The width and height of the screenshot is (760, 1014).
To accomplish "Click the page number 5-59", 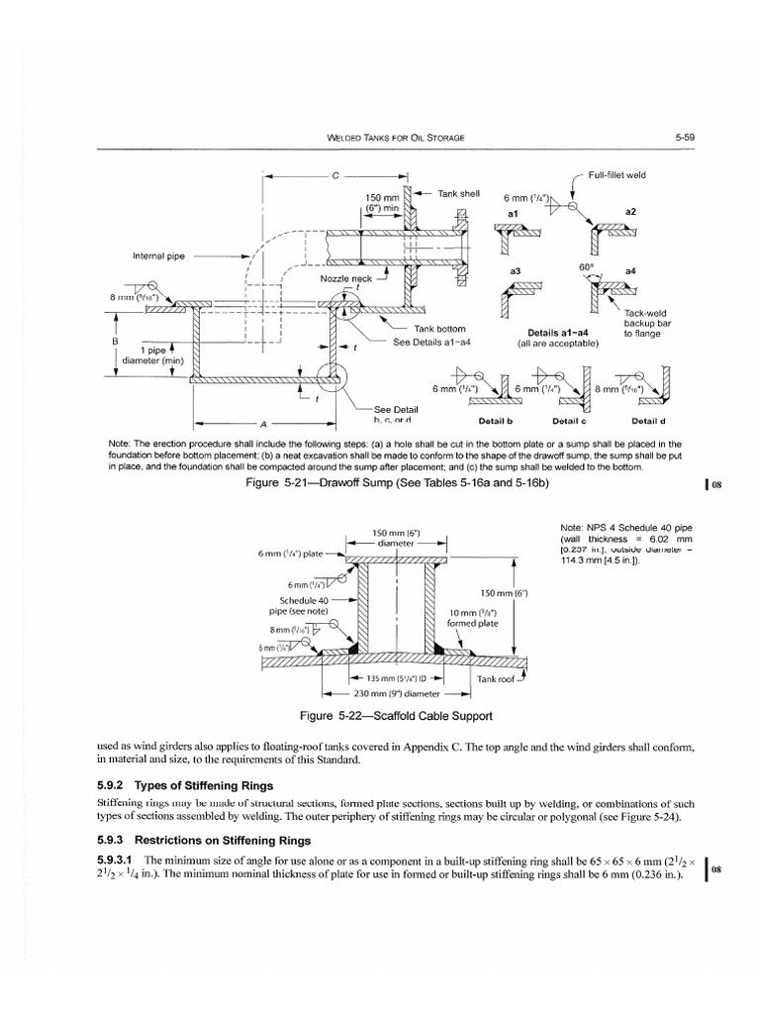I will coord(686,138).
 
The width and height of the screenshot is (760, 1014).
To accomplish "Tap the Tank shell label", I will coord(459,192).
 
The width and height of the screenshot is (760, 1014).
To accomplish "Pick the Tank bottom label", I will coord(440,330).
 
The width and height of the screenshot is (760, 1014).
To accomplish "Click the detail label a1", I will coord(513,213).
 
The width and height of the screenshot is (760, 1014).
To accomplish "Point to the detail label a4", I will coord(631,269).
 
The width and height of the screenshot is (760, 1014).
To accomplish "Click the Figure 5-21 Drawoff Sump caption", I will coord(399,482).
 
